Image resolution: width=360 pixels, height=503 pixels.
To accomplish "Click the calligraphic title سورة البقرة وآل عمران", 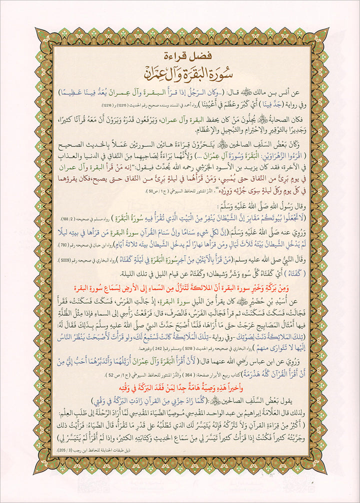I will [179, 71].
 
